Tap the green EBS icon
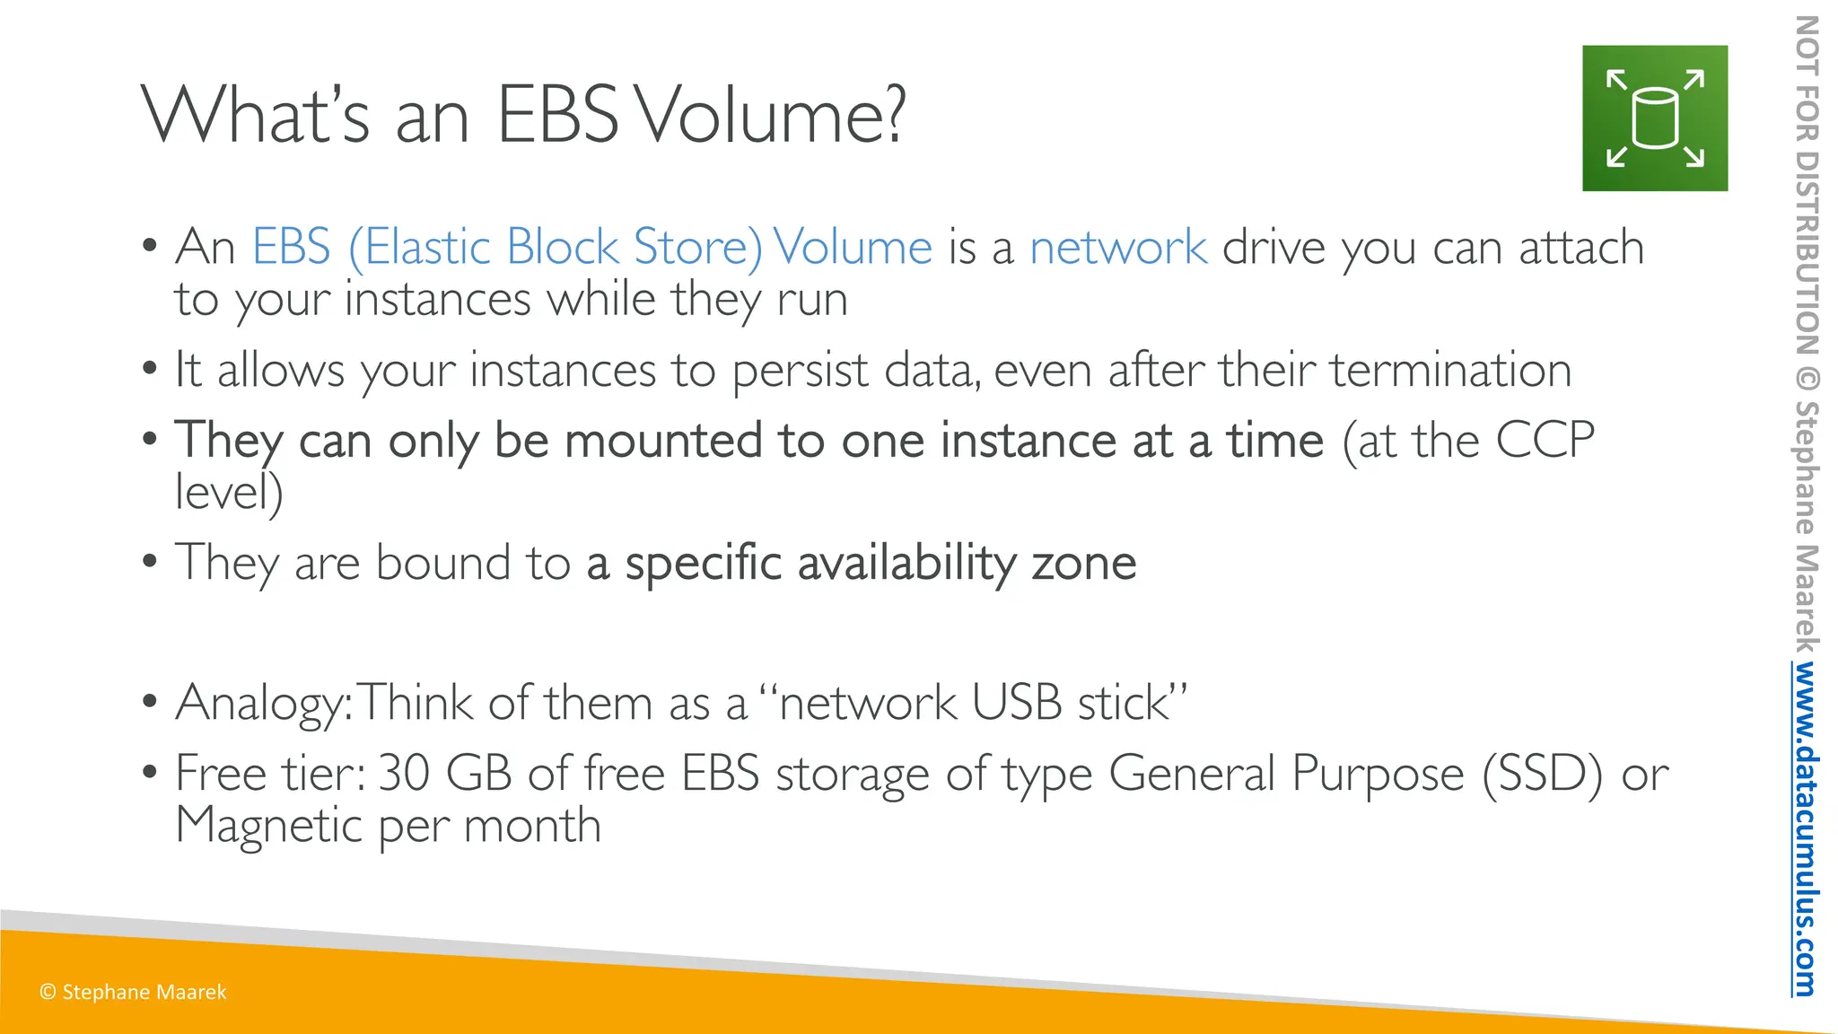pos(1654,118)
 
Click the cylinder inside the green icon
pos(1654,118)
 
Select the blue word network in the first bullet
pos(1117,247)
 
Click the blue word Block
pos(562,247)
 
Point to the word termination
pos(1450,370)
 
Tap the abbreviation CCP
pos(1544,441)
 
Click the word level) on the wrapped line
pos(229,492)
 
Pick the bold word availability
pos(906,564)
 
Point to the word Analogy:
pos(264,703)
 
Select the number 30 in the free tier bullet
pos(404,773)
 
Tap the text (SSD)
pos(1542,773)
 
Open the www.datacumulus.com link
pos(1804,828)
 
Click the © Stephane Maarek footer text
pos(133,992)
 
